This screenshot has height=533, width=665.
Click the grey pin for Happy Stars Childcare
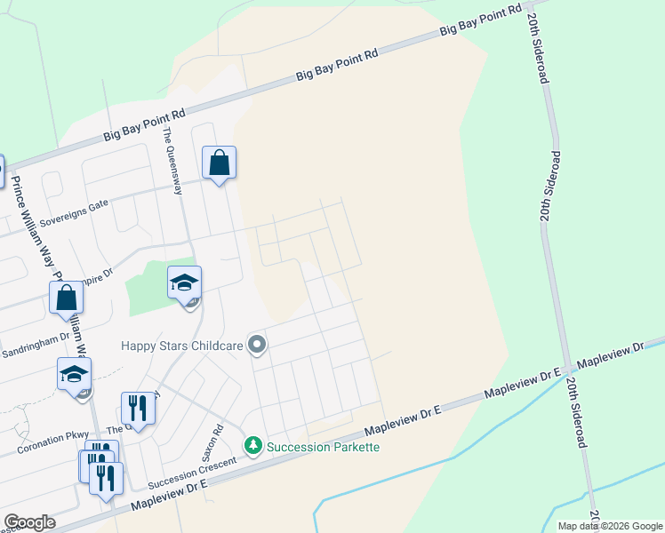coord(257,344)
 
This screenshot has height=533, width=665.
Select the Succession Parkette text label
coord(324,446)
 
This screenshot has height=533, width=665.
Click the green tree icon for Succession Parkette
coord(253,444)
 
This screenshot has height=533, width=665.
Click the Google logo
coord(29,522)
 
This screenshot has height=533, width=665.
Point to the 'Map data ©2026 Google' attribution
coord(609,526)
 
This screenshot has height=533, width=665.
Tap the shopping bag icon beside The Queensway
coord(219,163)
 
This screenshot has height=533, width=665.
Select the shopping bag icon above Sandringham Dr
coord(67,298)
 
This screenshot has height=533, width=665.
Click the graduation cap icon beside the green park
coord(184,282)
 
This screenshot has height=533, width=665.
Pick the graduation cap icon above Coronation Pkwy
coord(75,374)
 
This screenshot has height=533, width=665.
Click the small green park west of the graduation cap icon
coord(146,290)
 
